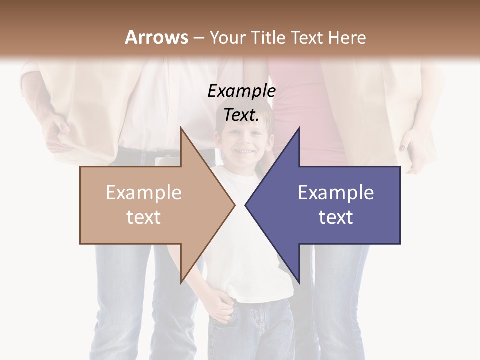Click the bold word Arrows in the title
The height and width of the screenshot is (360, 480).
pyautogui.click(x=156, y=37)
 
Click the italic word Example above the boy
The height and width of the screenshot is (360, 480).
pyautogui.click(x=241, y=91)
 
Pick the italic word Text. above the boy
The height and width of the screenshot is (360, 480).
pyautogui.click(x=241, y=115)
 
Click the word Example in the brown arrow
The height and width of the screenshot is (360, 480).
pyautogui.click(x=143, y=193)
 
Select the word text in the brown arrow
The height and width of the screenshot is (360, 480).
pyautogui.click(x=143, y=217)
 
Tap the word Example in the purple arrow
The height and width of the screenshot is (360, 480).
pyautogui.click(x=336, y=193)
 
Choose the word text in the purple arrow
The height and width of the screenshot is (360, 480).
pyautogui.click(x=336, y=217)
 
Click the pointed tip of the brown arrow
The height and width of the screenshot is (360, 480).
pyautogui.click(x=234, y=204)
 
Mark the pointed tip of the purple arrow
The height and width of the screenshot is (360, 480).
pyautogui.click(x=246, y=204)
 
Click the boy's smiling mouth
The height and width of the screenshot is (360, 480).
pyautogui.click(x=244, y=150)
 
